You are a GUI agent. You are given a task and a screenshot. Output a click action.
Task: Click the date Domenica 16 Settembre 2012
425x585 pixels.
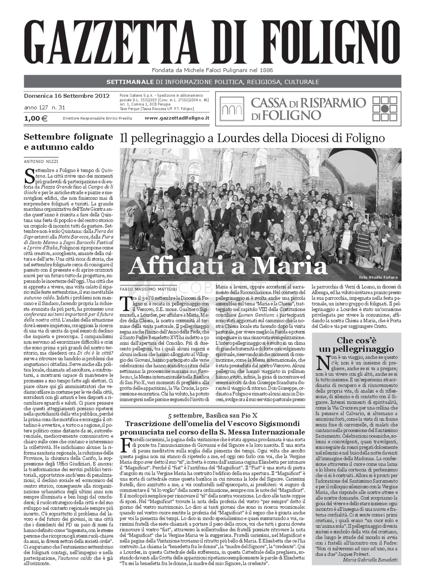click(x=67, y=96)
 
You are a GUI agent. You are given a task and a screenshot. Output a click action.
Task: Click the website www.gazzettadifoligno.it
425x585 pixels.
click(x=177, y=118)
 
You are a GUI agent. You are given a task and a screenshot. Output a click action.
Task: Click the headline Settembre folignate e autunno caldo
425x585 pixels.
click(x=68, y=142)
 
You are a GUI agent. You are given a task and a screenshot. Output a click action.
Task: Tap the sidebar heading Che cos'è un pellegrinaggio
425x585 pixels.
click(x=356, y=345)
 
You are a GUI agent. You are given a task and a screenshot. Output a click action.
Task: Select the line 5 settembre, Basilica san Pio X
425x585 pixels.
click(x=212, y=416)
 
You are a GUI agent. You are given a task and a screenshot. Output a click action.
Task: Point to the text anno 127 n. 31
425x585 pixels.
click(x=45, y=108)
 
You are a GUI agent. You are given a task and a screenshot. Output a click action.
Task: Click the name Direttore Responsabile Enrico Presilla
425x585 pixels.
click(x=97, y=118)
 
